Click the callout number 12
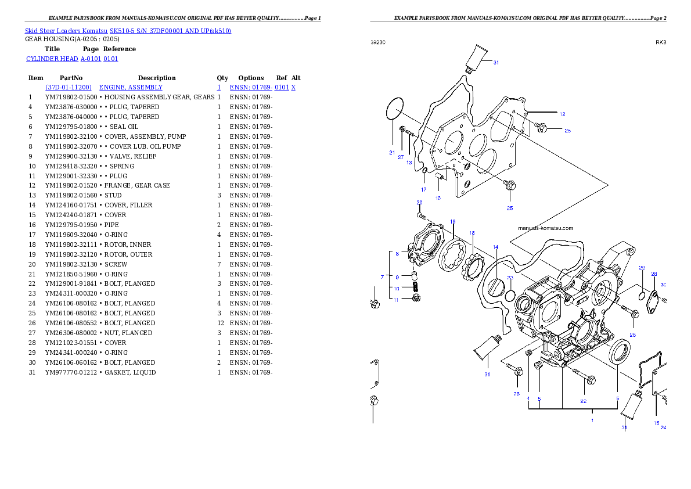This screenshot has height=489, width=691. pos(562,114)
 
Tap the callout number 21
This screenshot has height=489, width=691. pos(392,153)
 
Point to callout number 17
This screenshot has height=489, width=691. pos(424,189)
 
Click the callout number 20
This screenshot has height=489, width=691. pos(419,203)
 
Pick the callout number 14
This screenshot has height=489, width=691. pos(495,247)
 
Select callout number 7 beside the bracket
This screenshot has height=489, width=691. pos(382,276)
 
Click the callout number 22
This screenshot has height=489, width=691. pos(583,401)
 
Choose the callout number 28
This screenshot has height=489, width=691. pos(654,274)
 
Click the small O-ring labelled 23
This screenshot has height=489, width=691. pos(509,296)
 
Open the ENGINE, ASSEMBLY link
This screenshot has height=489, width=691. pos(131,87)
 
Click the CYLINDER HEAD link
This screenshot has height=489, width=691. pos(73,59)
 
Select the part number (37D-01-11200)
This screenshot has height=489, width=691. pos(69,87)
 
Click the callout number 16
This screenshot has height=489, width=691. pos(438,198)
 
